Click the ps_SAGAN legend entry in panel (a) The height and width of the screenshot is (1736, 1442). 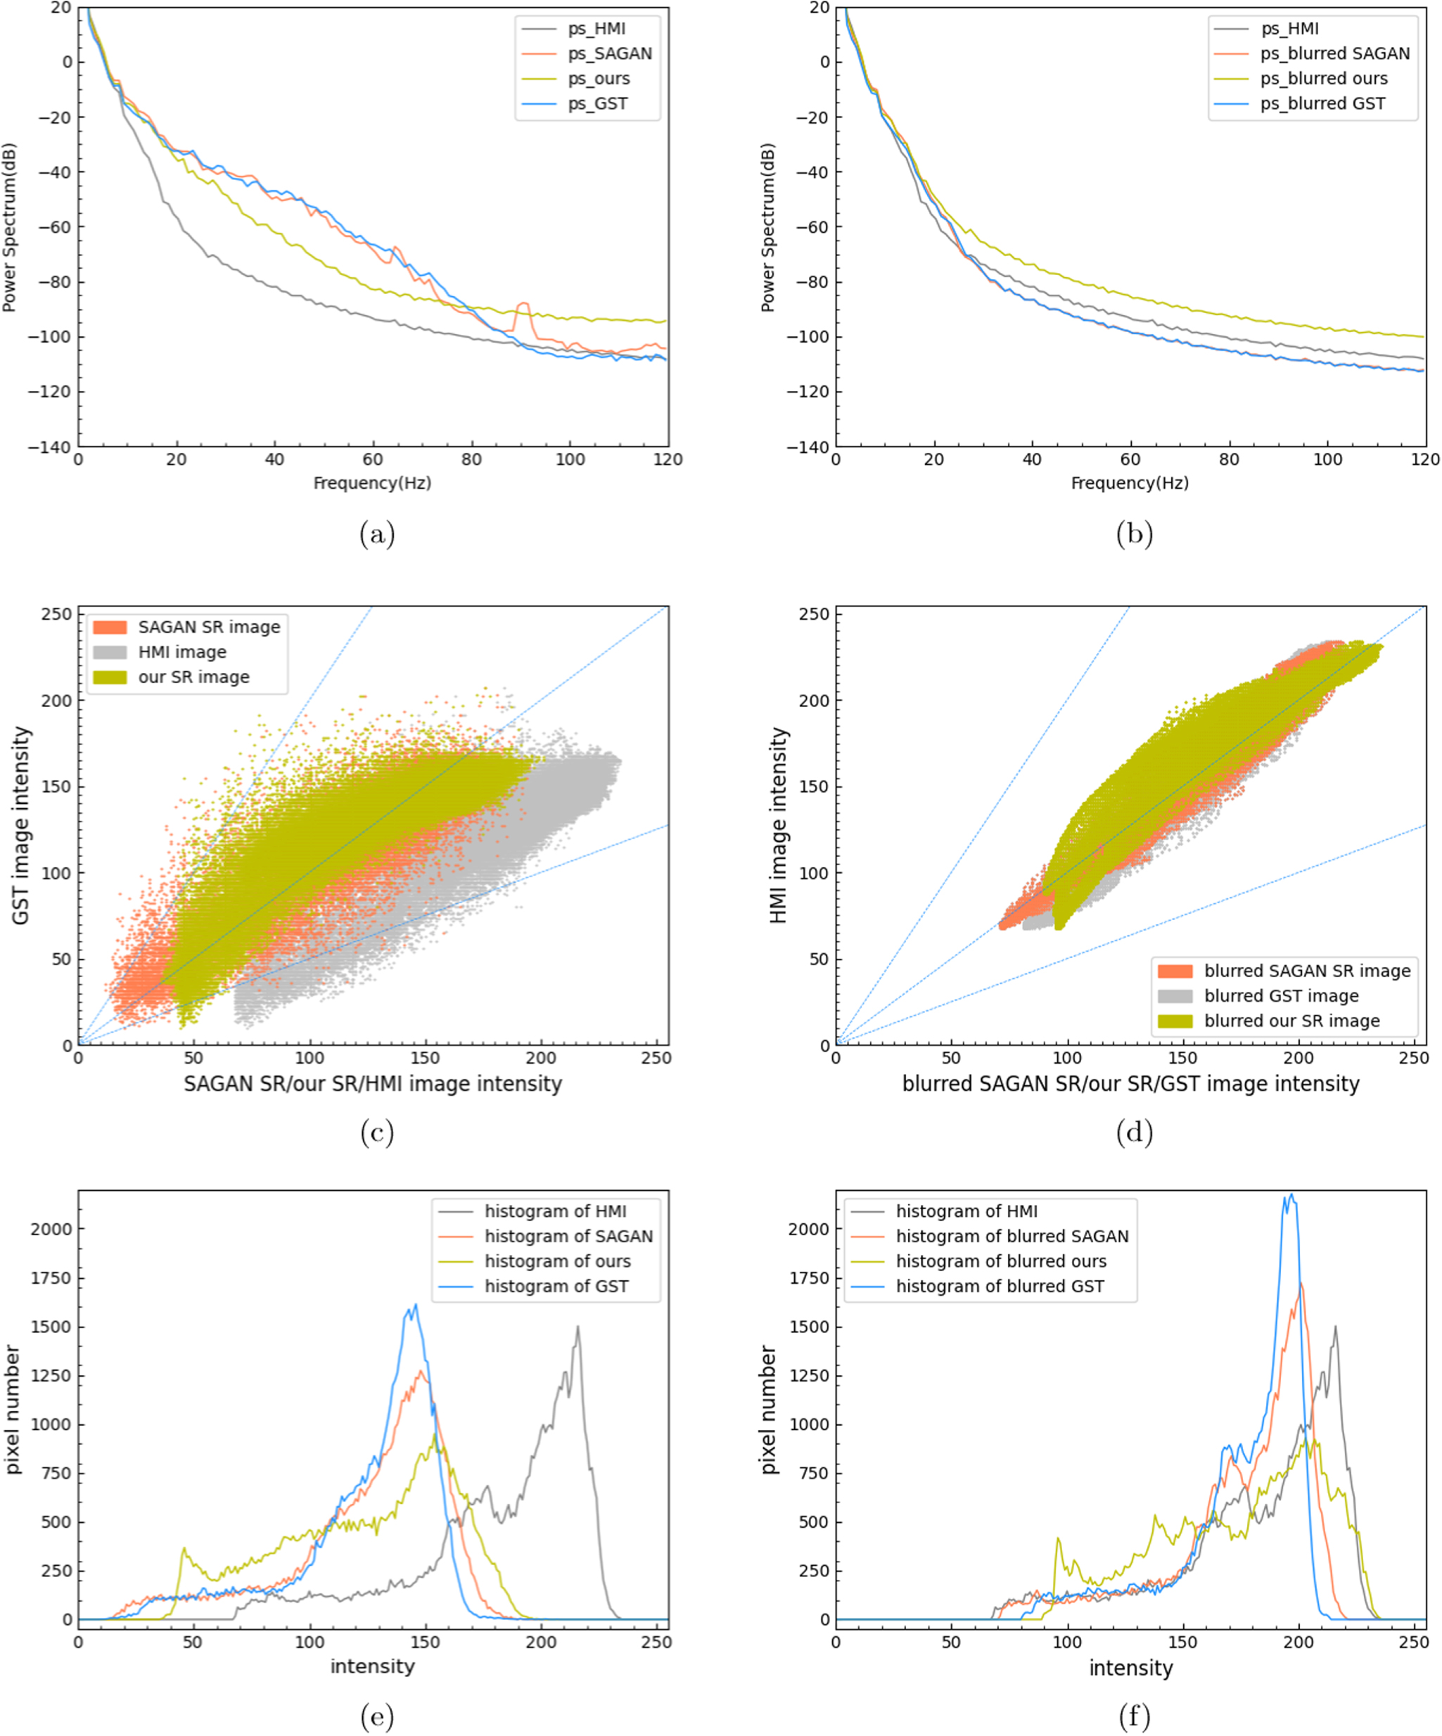pyautogui.click(x=609, y=53)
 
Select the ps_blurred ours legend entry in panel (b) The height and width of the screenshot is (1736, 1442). pyautogui.click(x=1323, y=79)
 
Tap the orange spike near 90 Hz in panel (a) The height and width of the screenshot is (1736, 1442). pyautogui.click(x=523, y=305)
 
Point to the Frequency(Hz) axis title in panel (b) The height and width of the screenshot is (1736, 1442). pyautogui.click(x=1130, y=483)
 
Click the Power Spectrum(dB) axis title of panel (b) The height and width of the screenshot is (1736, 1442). pyautogui.click(x=768, y=227)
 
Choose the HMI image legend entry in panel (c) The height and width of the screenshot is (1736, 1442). pyautogui.click(x=182, y=652)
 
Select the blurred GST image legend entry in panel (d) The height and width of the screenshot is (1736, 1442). pyautogui.click(x=1281, y=996)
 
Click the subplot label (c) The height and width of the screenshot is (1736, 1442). pyautogui.click(x=377, y=1132)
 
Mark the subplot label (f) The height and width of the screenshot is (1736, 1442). pyautogui.click(x=1134, y=1718)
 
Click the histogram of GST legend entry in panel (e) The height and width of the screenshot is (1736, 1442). pyautogui.click(x=556, y=1287)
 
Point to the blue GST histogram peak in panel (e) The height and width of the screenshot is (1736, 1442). pyautogui.click(x=415, y=1306)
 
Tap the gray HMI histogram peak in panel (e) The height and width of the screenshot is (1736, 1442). pyautogui.click(x=578, y=1327)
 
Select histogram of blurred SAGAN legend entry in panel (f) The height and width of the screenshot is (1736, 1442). pyautogui.click(x=1012, y=1237)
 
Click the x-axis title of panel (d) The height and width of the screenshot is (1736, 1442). pyautogui.click(x=1130, y=1084)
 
